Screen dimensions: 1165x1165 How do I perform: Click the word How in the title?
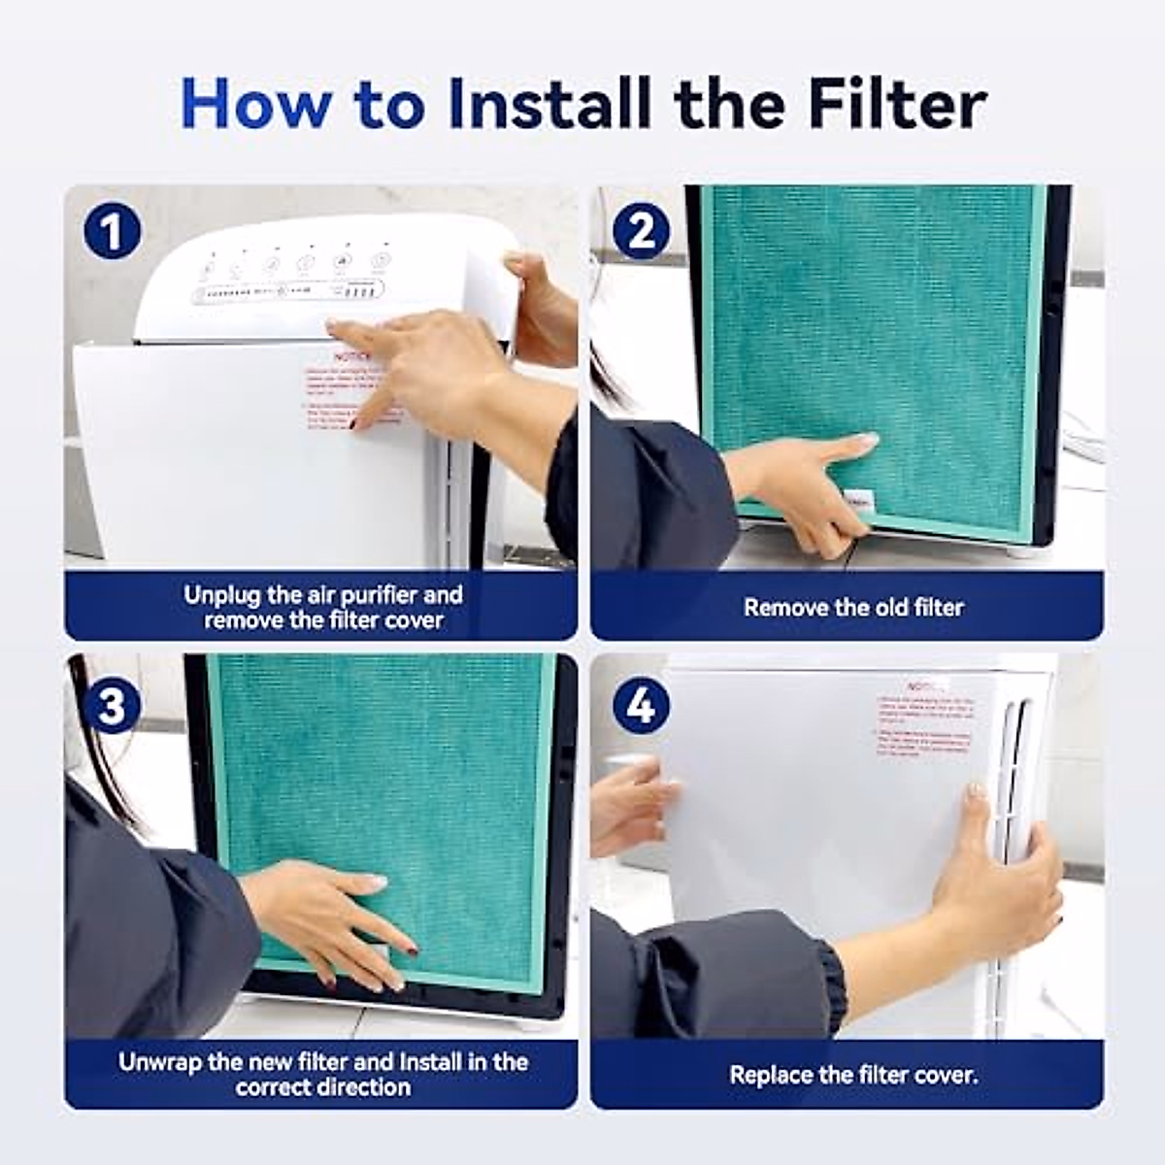click(x=255, y=104)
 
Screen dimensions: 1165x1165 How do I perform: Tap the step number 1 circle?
click(x=112, y=233)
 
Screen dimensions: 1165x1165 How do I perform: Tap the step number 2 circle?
click(x=641, y=233)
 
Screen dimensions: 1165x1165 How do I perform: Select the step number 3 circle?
click(x=112, y=706)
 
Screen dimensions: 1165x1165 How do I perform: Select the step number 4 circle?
click(x=641, y=706)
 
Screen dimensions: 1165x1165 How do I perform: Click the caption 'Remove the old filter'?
click(x=852, y=608)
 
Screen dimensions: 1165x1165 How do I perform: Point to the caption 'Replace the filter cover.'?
click(x=852, y=1076)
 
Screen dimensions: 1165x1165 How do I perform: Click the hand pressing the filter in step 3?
click(x=330, y=917)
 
